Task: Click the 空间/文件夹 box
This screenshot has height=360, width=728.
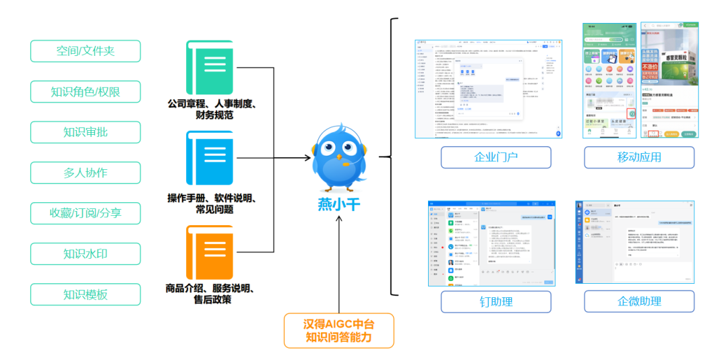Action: click(86, 51)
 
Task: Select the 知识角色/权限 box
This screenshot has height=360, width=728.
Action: click(86, 92)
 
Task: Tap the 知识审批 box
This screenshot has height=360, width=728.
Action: click(86, 132)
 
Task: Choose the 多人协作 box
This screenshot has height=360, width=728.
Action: click(86, 173)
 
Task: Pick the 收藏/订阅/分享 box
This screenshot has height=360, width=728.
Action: click(86, 213)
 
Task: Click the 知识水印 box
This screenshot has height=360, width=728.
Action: click(86, 253)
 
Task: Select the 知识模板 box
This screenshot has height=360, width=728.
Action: click(86, 294)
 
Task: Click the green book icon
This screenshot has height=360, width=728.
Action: click(210, 67)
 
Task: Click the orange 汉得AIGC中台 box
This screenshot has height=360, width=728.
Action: click(338, 330)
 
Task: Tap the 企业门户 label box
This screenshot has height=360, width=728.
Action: click(495, 157)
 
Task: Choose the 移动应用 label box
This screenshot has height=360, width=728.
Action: click(639, 157)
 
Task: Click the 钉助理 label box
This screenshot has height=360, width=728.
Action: click(495, 301)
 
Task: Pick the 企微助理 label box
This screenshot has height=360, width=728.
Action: click(639, 301)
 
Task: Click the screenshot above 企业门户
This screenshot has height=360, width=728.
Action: click(489, 89)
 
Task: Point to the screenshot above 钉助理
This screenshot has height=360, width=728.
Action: click(491, 243)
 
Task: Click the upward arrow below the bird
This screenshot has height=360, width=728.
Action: click(338, 263)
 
